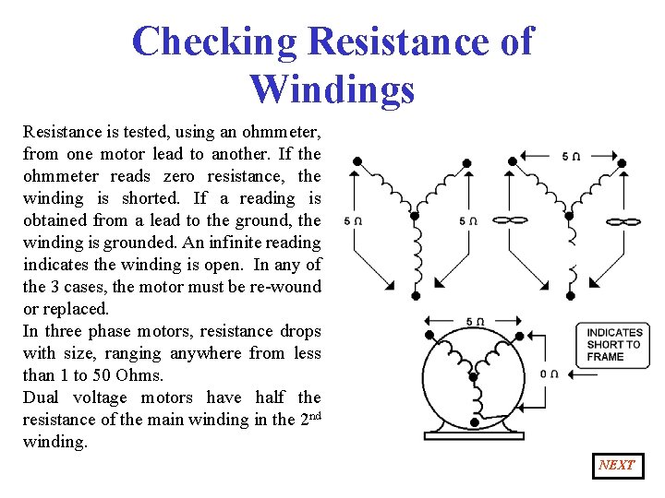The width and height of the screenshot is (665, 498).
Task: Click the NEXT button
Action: (618, 466)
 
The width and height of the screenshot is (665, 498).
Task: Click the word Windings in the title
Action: (332, 89)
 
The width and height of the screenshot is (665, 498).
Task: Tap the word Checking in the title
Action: (214, 41)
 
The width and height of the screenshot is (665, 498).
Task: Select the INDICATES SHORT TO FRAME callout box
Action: (612, 345)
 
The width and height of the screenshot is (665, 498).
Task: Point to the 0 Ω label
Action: (549, 373)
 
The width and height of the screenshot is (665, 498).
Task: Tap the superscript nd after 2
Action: (315, 415)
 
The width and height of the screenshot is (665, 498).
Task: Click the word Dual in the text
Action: (41, 397)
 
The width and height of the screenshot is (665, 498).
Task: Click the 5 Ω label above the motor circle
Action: (475, 322)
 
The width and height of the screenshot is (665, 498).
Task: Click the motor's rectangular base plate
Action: (474, 435)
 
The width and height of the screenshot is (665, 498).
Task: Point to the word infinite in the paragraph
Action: (233, 243)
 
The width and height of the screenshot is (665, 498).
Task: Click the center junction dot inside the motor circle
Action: (473, 376)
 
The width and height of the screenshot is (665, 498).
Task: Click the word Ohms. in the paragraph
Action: (139, 375)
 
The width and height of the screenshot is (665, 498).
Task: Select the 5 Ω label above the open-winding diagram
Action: (571, 156)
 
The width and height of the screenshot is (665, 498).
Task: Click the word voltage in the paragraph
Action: (100, 398)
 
